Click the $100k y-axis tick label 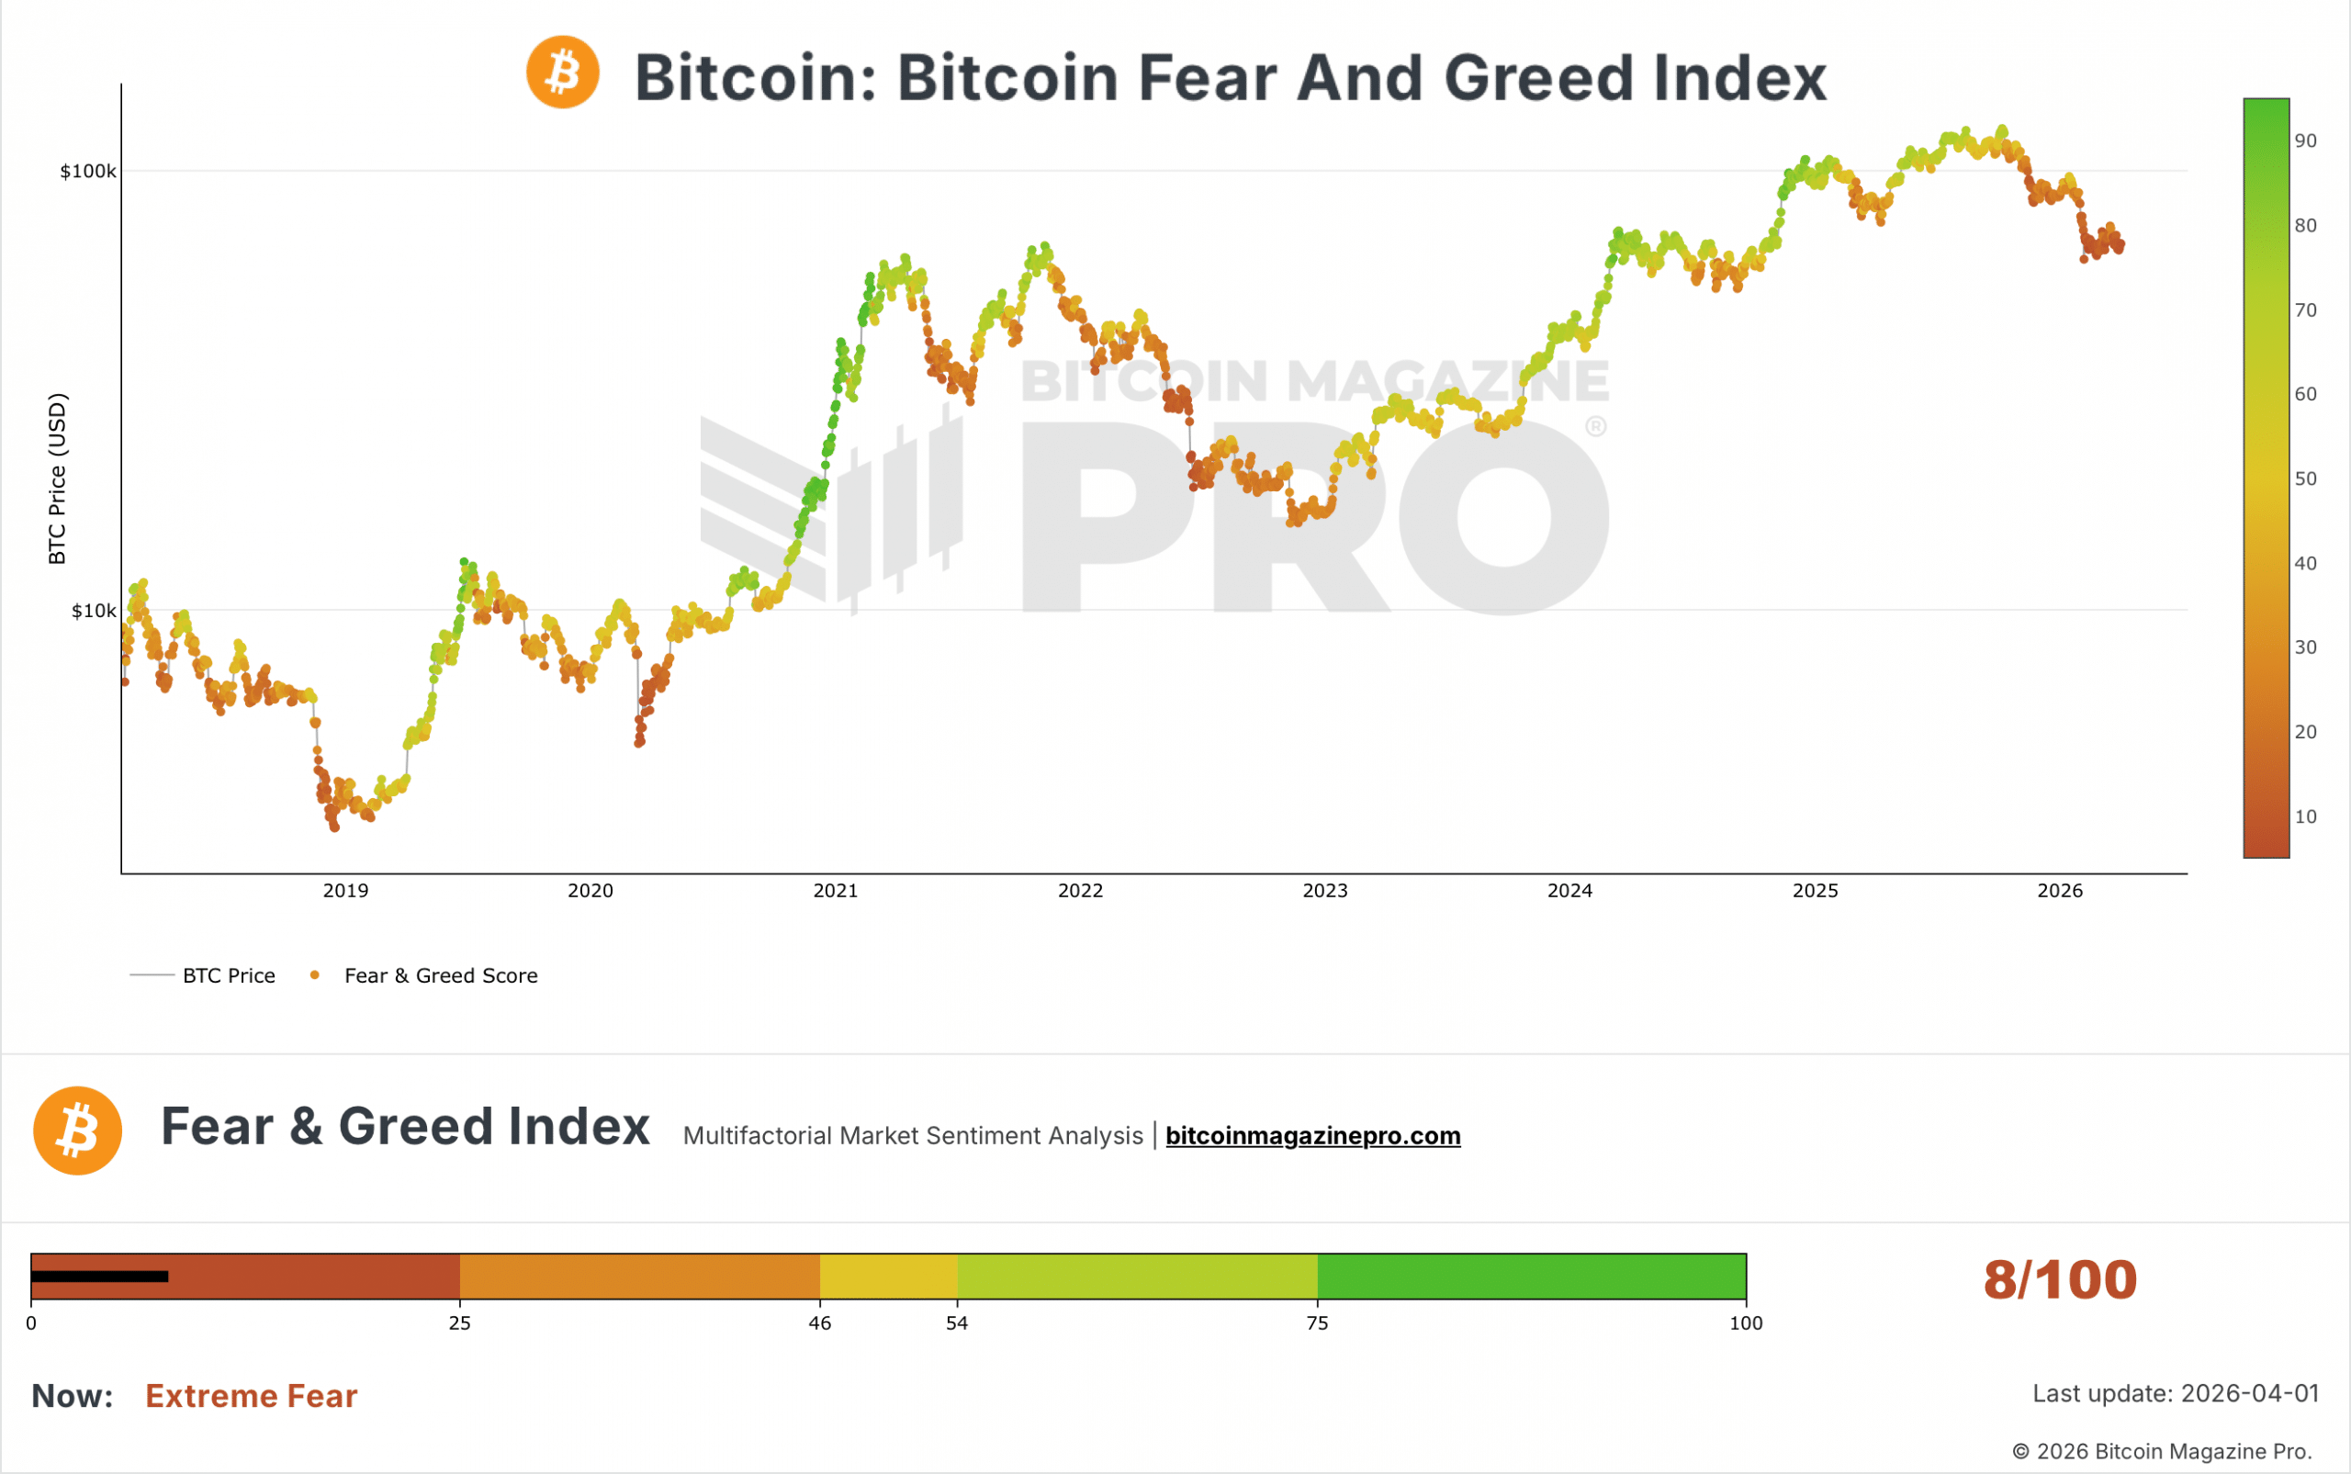88,172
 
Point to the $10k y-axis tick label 93,612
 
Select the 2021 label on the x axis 836,890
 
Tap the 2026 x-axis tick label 2060,890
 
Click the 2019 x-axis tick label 345,890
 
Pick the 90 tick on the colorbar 2305,141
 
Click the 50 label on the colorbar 2305,478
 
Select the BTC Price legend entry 228,976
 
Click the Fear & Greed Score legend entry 441,976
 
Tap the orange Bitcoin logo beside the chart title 562,73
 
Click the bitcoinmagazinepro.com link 1313,1136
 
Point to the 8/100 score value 2060,1280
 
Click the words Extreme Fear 252,1396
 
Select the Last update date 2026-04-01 2250,1393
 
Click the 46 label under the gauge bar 820,1322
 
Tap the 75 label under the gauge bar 1317,1322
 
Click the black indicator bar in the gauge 99,1277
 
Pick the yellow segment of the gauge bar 888,1277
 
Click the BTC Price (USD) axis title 58,478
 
